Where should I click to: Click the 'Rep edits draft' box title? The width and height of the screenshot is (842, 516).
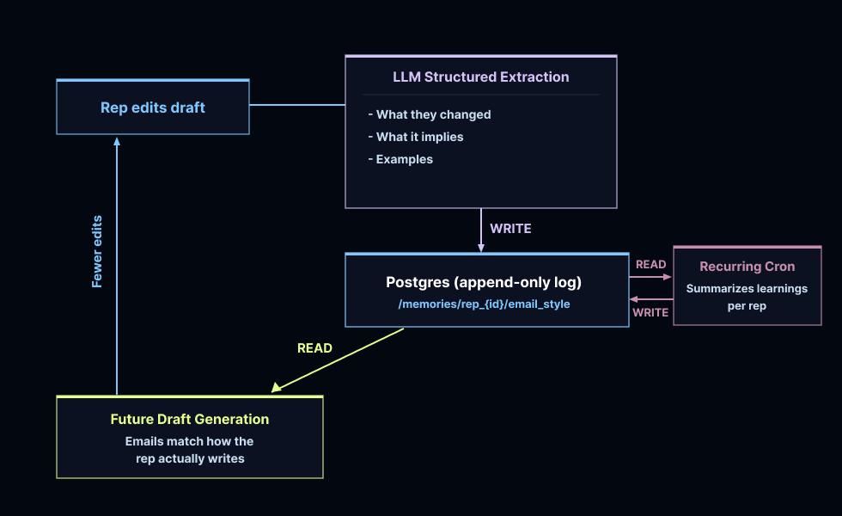coord(153,107)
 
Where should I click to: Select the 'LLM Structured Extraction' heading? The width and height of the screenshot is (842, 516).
coord(480,77)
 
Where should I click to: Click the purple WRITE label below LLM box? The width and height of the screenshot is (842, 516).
coord(510,229)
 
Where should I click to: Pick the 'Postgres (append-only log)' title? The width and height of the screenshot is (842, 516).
coord(484,282)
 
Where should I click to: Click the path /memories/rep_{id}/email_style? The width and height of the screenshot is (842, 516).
coord(484,304)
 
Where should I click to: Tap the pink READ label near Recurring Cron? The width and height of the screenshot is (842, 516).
coord(650,265)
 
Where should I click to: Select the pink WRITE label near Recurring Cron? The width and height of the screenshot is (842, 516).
coord(650,312)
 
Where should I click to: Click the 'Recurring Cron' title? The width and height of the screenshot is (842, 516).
coord(747,267)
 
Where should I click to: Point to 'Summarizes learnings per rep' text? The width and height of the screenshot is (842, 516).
coord(747,297)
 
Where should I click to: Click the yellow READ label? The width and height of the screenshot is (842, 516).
coord(314,348)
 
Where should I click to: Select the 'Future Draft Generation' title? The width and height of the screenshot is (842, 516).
coord(190,420)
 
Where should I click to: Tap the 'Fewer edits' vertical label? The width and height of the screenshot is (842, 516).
coord(97,250)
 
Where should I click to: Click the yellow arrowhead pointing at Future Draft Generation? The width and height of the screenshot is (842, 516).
coord(276,388)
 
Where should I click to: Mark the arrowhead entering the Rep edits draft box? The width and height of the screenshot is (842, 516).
coord(117,140)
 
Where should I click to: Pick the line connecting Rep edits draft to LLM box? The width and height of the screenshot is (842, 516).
coord(296,105)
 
